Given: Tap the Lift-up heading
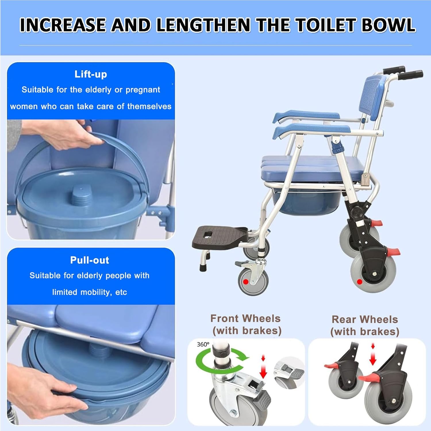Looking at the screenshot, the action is [x=91, y=74].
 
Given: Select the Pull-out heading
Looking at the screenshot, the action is [x=90, y=260].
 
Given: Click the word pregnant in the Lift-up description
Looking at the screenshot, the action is [x=143, y=90].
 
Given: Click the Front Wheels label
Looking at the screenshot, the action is [x=245, y=318].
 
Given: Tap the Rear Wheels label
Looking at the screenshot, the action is [x=365, y=319].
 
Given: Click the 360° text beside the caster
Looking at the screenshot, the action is [x=203, y=344].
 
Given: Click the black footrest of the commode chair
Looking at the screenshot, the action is [x=220, y=237].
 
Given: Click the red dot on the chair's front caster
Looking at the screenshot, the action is [x=246, y=282].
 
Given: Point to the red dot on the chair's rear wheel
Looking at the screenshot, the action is [x=359, y=282].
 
